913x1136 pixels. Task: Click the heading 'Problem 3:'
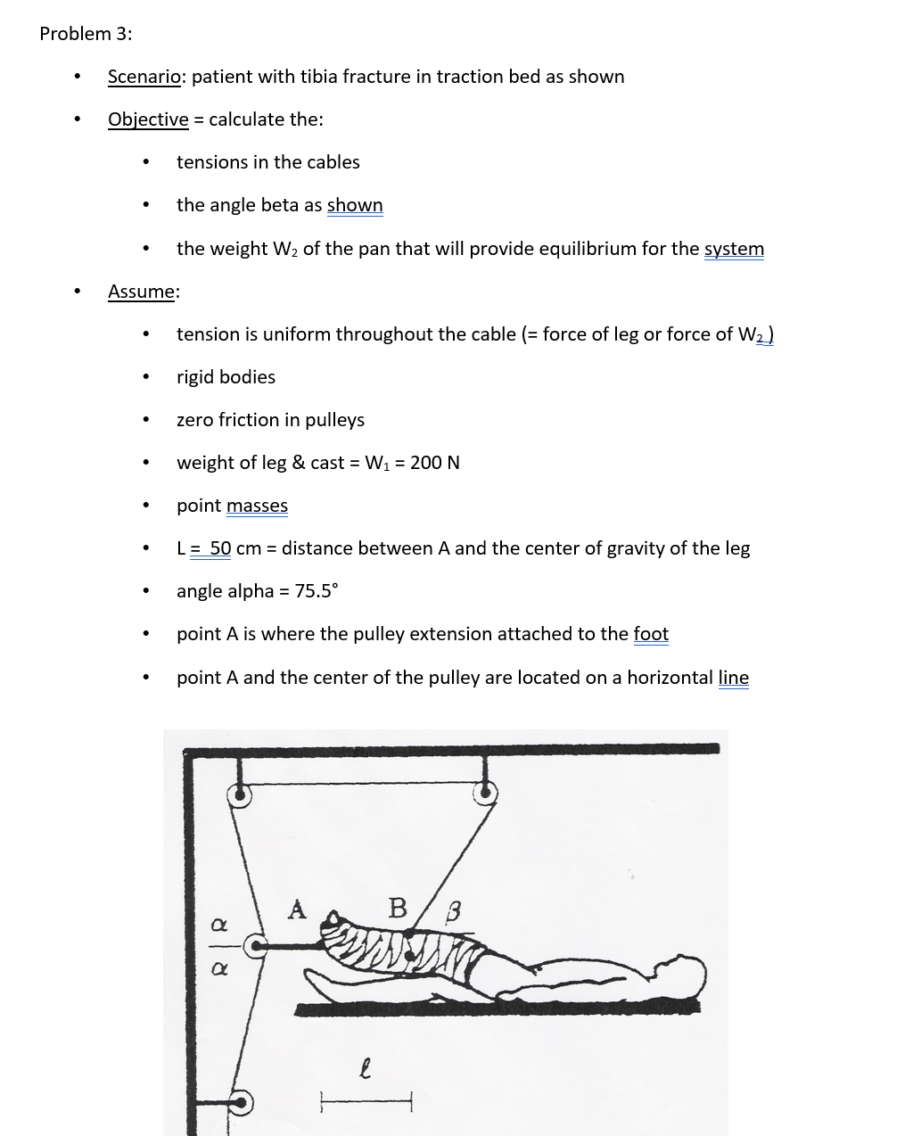[x=86, y=34]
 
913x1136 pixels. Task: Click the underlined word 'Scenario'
[x=144, y=77]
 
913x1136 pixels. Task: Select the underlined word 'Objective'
[x=148, y=119]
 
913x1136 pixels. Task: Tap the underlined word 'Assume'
[x=142, y=292]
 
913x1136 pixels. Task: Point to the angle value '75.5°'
[x=317, y=591]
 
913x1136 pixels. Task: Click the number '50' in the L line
[x=220, y=548]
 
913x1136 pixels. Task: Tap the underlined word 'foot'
[x=651, y=634]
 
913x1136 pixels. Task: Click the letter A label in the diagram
[x=297, y=910]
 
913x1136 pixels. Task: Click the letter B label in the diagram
[x=398, y=909]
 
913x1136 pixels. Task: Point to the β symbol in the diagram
[x=454, y=912]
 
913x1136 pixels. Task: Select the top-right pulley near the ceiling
[x=485, y=791]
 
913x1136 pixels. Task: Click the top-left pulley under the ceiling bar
[x=238, y=794]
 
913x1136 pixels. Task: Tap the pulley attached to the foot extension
[x=255, y=946]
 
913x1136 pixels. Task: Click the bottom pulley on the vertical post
[x=239, y=1103]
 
